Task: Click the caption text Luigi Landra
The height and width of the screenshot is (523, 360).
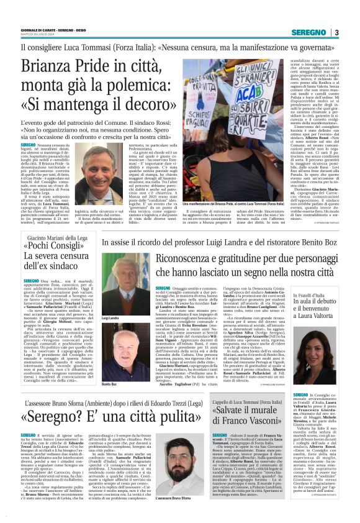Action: point(110,301)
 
